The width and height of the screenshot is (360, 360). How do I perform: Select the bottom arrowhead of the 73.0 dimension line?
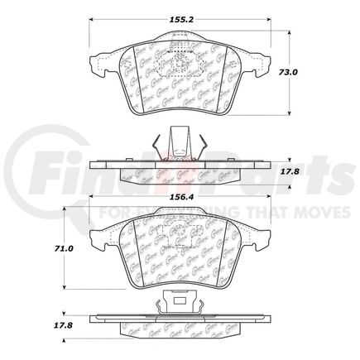[x=288, y=113]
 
